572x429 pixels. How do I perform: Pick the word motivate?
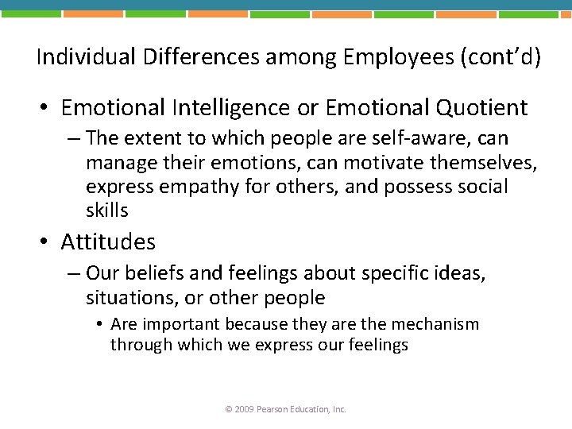378,162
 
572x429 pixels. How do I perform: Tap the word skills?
106,210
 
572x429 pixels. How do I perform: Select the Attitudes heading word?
108,242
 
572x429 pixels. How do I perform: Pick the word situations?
124,298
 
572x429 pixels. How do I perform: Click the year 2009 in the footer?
243,409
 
